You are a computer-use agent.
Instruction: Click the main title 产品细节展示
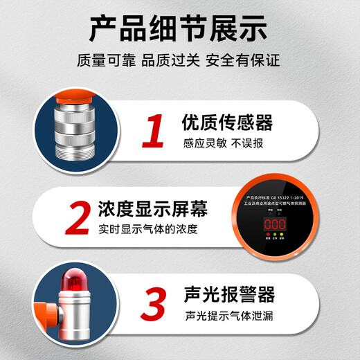(x=179, y=28)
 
